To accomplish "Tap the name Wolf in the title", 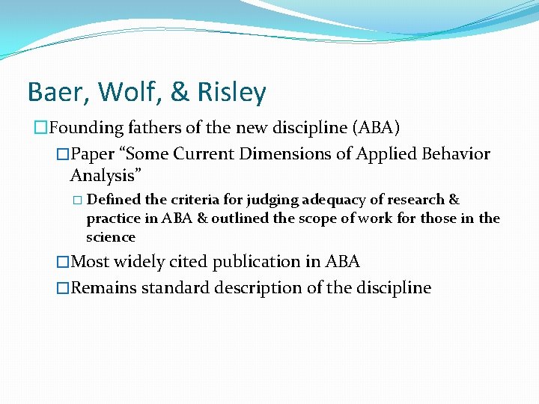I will tap(123, 92).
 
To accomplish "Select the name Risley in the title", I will tap(231, 92).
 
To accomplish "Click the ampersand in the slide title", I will tap(179, 92).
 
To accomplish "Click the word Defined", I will tap(112, 200).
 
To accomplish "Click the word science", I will tap(111, 237).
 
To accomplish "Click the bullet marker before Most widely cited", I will tap(62, 262).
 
